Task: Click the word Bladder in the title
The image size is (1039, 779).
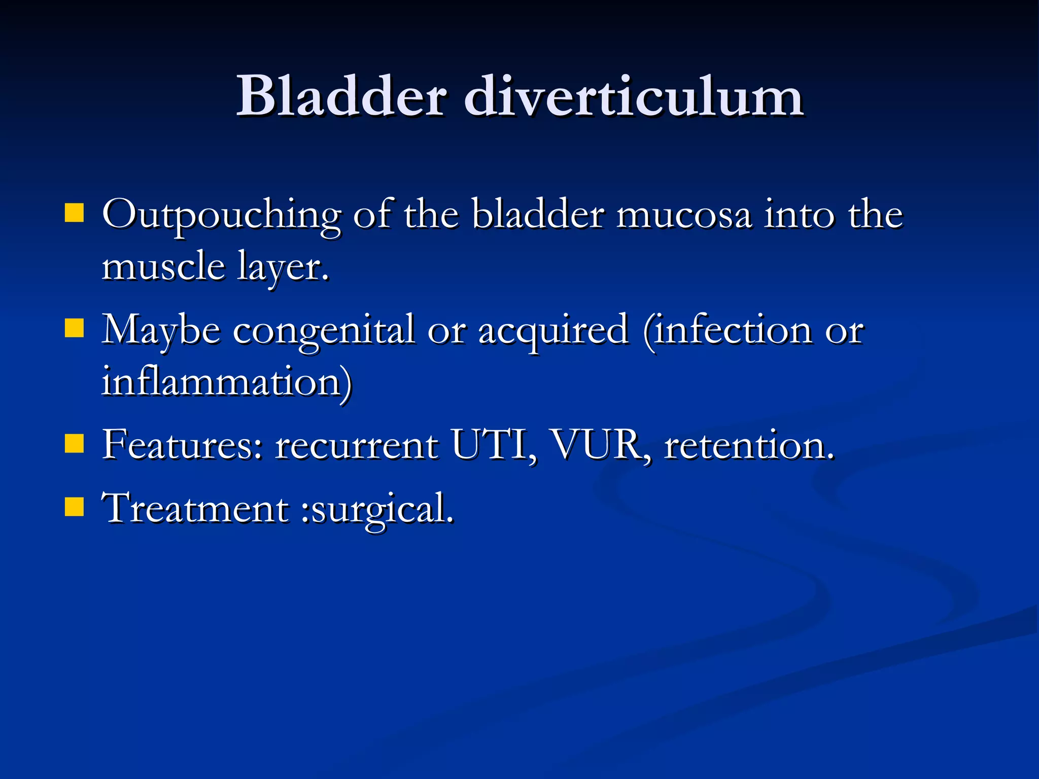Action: pyautogui.click(x=341, y=96)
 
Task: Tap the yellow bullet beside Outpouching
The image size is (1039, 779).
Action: pyautogui.click(x=74, y=214)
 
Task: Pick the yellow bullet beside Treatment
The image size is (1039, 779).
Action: pyautogui.click(x=74, y=507)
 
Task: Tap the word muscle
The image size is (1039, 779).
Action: pyautogui.click(x=163, y=267)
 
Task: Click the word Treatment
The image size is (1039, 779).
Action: pyautogui.click(x=195, y=508)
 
